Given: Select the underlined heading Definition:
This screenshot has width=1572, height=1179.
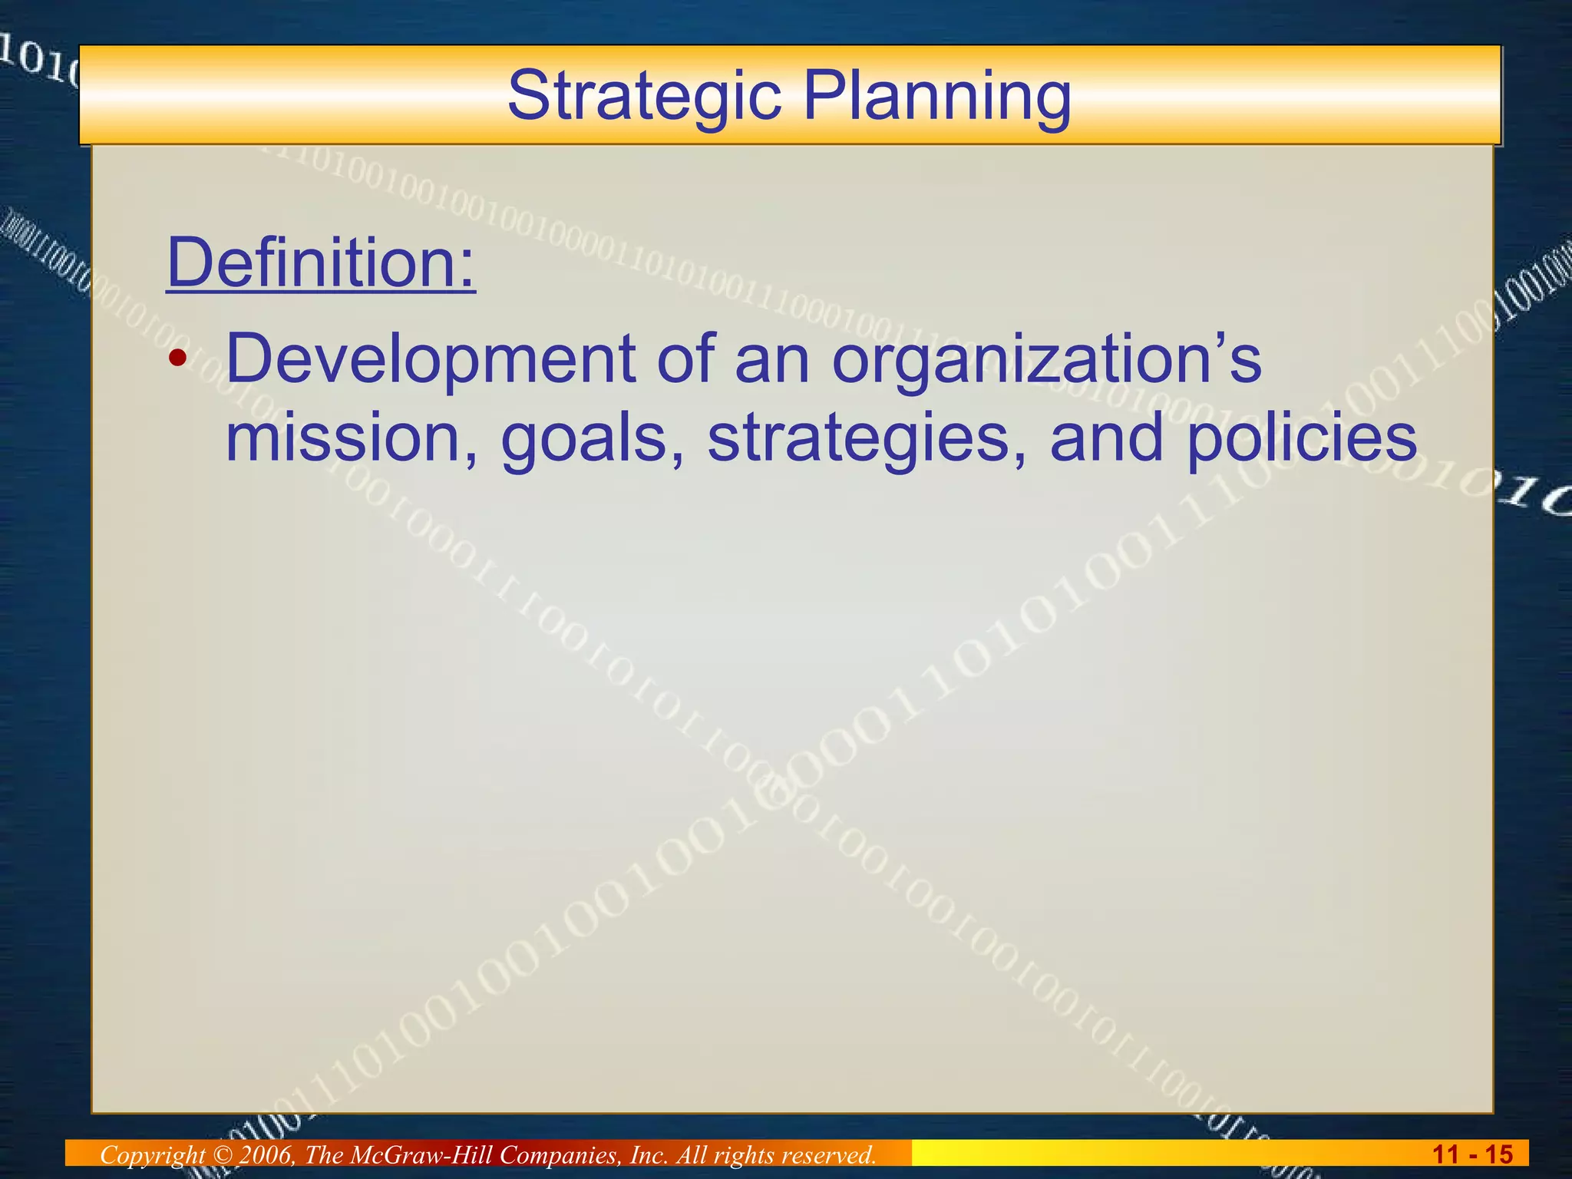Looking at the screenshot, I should click(321, 263).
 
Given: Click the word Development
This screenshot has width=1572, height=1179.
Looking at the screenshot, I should click(431, 359).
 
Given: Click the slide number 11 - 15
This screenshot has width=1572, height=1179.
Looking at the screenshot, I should click(1472, 1154).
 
